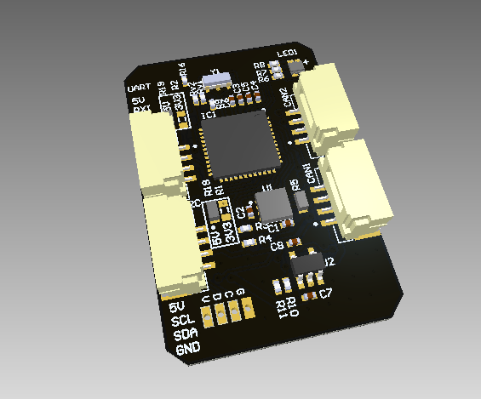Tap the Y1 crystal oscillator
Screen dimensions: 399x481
(220, 80)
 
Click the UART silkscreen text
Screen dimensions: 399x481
(138, 88)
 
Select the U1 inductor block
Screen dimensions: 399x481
(272, 205)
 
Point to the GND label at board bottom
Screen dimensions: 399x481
(188, 349)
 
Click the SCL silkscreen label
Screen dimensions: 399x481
(183, 321)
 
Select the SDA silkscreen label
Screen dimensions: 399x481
(186, 334)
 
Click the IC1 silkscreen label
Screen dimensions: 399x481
(206, 114)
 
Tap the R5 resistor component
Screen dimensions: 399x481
(303, 199)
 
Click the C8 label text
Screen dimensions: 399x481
(277, 248)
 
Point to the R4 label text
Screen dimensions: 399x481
(265, 239)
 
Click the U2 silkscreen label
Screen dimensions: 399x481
(328, 262)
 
